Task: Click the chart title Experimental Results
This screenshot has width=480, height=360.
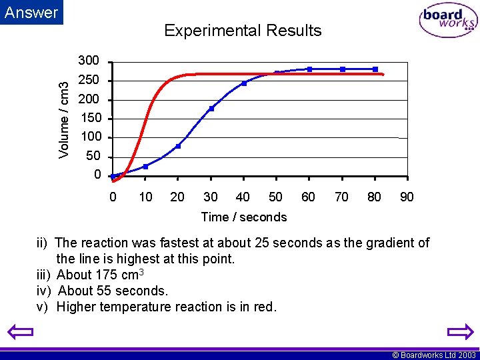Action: tap(243, 31)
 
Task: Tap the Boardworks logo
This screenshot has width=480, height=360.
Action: tap(448, 21)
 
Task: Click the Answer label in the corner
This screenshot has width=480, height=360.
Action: tap(31, 12)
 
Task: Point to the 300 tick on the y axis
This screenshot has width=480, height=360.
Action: tap(89, 61)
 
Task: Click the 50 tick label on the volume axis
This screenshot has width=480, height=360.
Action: tap(93, 156)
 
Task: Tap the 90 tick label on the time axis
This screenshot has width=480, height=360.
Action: tap(407, 197)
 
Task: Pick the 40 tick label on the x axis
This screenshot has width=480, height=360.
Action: tap(243, 197)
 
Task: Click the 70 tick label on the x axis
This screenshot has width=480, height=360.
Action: tap(341, 197)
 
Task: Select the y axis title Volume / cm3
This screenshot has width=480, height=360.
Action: tap(64, 120)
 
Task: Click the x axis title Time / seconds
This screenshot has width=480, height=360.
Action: tap(243, 217)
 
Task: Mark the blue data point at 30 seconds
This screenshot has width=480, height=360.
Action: tap(211, 109)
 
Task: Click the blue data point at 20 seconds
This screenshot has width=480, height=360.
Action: tap(178, 146)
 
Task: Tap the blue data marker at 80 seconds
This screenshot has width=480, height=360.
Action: tap(375, 69)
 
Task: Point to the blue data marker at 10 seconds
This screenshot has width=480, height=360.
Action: tap(145, 167)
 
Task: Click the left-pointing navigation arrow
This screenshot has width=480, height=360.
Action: tap(21, 332)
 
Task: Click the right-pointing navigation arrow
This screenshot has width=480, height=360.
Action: tap(459, 332)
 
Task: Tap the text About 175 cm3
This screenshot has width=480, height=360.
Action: tap(102, 275)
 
